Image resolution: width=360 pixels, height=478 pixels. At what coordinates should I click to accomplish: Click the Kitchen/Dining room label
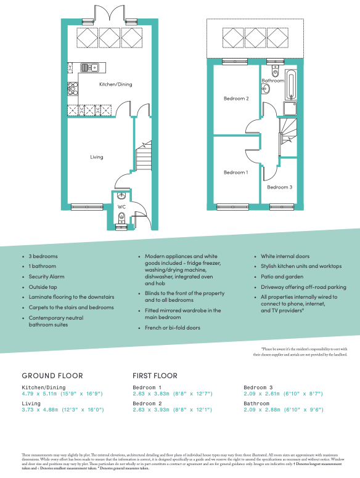(x=116, y=84)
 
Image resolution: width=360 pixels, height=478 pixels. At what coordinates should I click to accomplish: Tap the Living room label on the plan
(x=96, y=157)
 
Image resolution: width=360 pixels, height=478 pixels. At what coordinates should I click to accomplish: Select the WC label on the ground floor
(x=122, y=207)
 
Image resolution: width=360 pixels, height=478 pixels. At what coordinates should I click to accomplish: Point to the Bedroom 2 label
(x=235, y=99)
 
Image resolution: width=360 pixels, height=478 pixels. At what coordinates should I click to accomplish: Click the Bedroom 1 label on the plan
(x=235, y=172)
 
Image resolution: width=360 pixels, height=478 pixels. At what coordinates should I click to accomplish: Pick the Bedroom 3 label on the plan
(x=279, y=187)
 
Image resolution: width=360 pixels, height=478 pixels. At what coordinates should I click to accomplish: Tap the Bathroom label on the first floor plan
(x=272, y=81)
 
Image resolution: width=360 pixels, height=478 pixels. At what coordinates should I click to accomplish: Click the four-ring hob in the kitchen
(x=73, y=87)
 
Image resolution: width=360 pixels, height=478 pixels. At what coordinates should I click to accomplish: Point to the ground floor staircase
(x=143, y=156)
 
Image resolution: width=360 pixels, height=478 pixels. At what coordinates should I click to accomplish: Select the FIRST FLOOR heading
(x=155, y=375)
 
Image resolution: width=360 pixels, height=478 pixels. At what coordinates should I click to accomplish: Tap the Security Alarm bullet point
(x=46, y=277)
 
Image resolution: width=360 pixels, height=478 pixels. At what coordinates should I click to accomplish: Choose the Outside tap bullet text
(x=43, y=286)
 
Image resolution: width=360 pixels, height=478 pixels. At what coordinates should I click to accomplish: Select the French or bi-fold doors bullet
(x=172, y=328)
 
